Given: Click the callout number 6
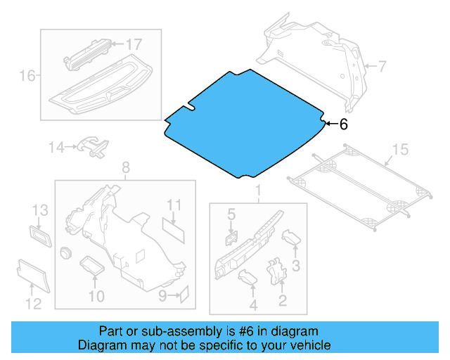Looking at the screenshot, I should pos(343,124).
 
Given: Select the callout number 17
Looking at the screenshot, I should pos(133,44).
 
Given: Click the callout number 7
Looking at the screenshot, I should pos(381,67).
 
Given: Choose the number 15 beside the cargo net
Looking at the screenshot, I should pos(399,149).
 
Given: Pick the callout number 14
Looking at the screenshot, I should pos(56,147).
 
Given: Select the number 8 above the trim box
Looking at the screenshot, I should pos(125,168).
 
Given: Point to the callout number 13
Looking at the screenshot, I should pos(40,210).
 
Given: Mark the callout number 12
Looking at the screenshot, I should pos(33,304).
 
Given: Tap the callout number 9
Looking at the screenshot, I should pos(162,296).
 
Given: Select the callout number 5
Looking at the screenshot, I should pos(230,212).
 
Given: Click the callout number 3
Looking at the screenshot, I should pos(296,265).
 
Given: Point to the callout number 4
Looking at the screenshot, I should pos(252,304).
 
